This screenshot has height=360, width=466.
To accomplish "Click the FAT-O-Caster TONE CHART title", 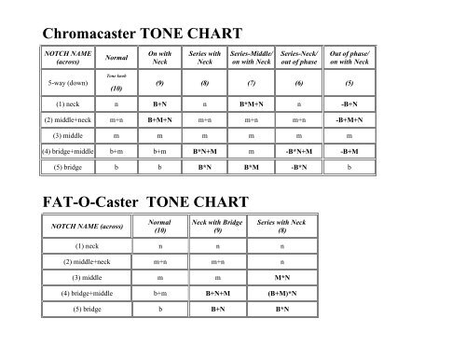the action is coord(146,201).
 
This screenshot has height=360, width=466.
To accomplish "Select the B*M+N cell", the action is coord(252,104).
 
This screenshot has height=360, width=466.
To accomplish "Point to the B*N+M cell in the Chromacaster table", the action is coord(205,151).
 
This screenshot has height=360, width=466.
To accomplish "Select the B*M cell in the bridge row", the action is coord(252,168).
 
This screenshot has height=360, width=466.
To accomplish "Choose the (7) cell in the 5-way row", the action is coord(252,83).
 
